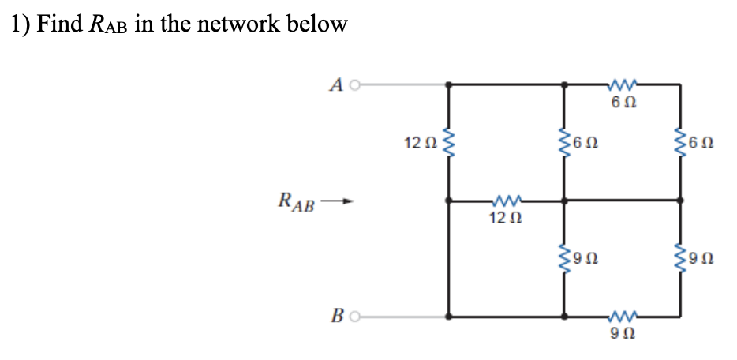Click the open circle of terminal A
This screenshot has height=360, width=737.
coord(355,83)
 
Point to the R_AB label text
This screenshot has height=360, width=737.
coord(297,201)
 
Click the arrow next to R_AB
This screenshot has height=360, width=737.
coord(338,201)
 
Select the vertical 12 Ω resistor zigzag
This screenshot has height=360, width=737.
coord(449,143)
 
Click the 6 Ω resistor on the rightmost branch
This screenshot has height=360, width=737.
coord(681,143)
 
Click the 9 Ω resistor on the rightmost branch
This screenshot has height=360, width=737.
coord(681,257)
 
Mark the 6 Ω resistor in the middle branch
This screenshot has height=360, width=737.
coord(564,143)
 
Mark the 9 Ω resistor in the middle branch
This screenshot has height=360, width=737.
coord(564,257)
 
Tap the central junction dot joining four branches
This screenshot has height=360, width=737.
coord(564,201)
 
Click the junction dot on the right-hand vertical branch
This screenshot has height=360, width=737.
coord(681,201)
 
